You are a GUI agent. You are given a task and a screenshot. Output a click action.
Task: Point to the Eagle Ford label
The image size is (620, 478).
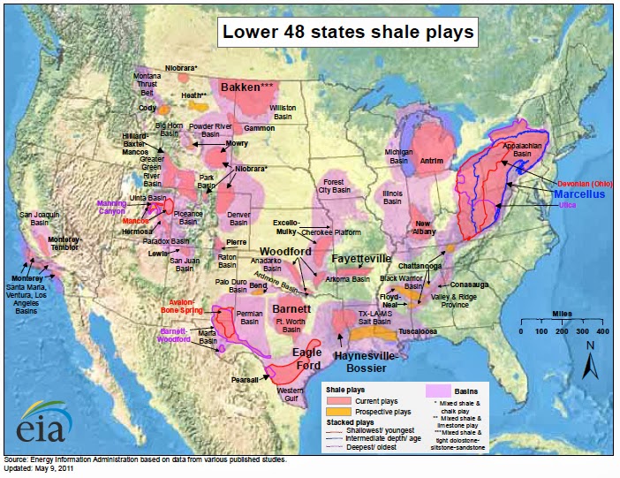(x=306, y=359)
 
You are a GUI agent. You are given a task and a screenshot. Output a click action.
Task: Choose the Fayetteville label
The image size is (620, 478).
(x=361, y=258)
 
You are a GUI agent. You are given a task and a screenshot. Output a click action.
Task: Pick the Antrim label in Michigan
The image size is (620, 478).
(x=432, y=161)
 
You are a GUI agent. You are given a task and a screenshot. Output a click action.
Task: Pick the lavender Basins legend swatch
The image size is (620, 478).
(x=439, y=390)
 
